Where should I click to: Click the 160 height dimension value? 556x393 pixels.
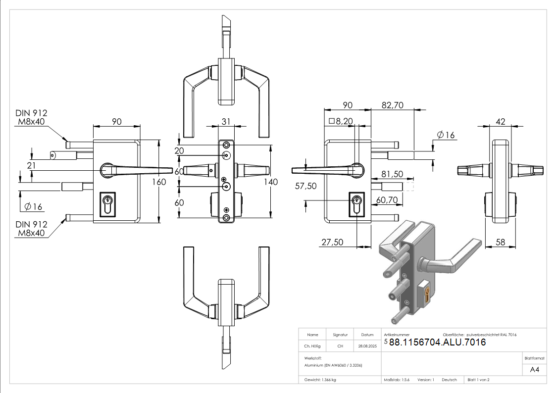click(x=159, y=182)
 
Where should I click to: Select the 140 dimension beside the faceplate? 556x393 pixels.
click(x=271, y=182)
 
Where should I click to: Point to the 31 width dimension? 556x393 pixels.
click(x=226, y=121)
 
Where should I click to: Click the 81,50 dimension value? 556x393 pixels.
click(x=391, y=174)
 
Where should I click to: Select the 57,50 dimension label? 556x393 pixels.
click(x=305, y=186)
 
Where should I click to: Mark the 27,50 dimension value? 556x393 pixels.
click(x=332, y=242)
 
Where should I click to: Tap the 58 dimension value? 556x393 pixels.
click(x=500, y=242)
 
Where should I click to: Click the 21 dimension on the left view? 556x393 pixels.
click(x=32, y=165)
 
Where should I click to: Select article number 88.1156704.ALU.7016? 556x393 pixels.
click(x=437, y=343)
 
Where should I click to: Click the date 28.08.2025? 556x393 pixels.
click(x=368, y=346)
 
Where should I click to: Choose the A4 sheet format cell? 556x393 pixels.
click(x=535, y=370)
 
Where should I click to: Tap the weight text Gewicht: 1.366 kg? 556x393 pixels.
click(x=320, y=380)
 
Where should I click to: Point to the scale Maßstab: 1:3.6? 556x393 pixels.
click(x=397, y=380)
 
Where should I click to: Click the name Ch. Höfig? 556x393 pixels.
click(x=312, y=346)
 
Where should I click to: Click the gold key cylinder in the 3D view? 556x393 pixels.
click(x=426, y=295)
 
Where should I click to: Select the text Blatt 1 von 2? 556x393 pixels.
click(x=478, y=380)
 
